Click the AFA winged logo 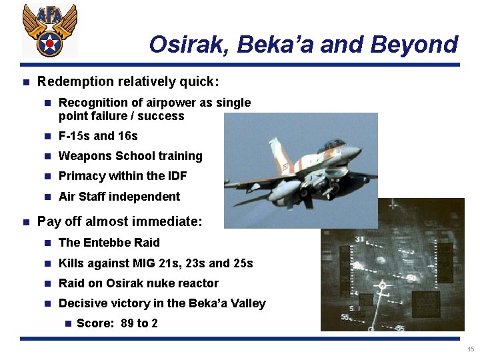point(49,30)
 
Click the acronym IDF point(175,176)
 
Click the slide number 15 point(471,349)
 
